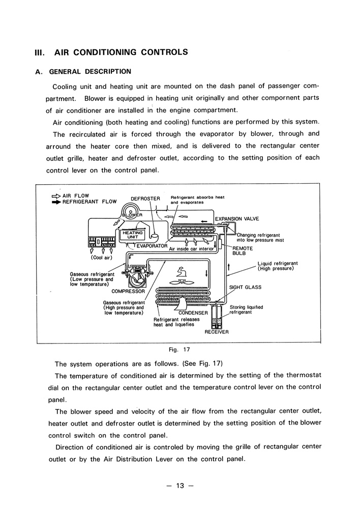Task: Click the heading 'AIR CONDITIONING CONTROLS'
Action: tap(121, 52)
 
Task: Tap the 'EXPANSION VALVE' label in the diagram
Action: tap(237, 219)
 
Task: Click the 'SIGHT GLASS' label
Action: tap(245, 287)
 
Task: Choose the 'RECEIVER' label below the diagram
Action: tap(217, 332)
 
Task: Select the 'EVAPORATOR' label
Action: tap(152, 245)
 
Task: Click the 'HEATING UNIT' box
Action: tap(133, 234)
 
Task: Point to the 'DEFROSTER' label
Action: tap(145, 198)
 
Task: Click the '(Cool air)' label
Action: tap(102, 258)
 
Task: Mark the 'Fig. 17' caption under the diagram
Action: tap(178, 350)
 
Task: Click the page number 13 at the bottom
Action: tap(179, 486)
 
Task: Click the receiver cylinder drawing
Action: tap(217, 314)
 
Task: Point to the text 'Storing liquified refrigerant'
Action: tap(246, 310)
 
